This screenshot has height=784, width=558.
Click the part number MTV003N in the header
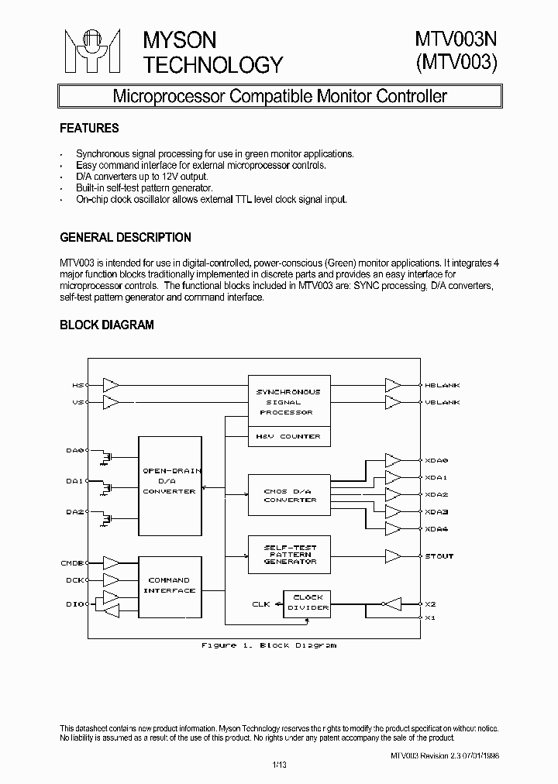pyautogui.click(x=455, y=40)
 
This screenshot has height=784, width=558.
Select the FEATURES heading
pyautogui.click(x=89, y=128)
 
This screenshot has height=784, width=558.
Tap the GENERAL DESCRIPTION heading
pyautogui.click(x=126, y=237)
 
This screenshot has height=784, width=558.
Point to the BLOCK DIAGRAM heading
pyautogui.click(x=107, y=325)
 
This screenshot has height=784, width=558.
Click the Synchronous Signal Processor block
pyautogui.click(x=288, y=401)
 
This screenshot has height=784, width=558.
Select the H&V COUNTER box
pyautogui.click(x=288, y=436)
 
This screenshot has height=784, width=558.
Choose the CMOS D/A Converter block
pyautogui.click(x=288, y=494)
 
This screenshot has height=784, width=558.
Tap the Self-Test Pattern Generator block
pyautogui.click(x=288, y=555)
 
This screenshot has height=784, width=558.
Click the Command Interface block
pyautogui.click(x=170, y=586)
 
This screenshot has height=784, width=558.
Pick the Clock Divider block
pyautogui.click(x=308, y=603)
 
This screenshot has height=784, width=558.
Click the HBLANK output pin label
pyautogui.click(x=443, y=385)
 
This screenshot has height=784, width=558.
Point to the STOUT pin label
pyautogui.click(x=439, y=556)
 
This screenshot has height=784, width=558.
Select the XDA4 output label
pyautogui.click(x=437, y=529)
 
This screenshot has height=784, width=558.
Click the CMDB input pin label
pyautogui.click(x=72, y=563)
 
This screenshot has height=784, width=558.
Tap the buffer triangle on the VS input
pyautogui.click(x=111, y=403)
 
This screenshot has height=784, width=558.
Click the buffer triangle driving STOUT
pyautogui.click(x=393, y=556)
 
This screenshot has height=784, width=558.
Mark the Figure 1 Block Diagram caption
pyautogui.click(x=269, y=645)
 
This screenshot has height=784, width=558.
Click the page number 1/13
pyautogui.click(x=279, y=766)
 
